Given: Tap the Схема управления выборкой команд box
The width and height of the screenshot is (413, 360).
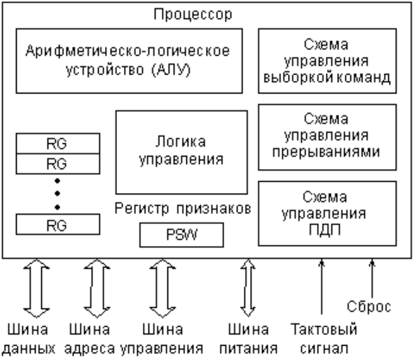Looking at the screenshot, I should [x=327, y=61].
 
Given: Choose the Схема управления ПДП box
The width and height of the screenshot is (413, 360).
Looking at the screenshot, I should [x=327, y=213].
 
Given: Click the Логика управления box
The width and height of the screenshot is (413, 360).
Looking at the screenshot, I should [x=181, y=151].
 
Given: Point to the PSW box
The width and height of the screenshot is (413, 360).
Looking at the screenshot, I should [x=181, y=234].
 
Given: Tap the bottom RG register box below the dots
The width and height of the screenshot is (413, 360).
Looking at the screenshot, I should [x=57, y=224].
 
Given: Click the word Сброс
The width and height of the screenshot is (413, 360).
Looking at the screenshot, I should [x=370, y=307].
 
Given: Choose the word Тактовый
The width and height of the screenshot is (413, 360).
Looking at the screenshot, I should [x=324, y=330].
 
